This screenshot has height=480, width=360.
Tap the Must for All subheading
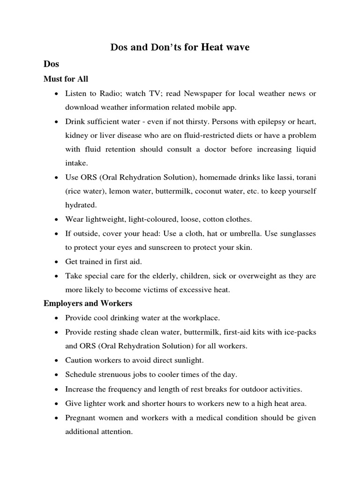tap(66, 79)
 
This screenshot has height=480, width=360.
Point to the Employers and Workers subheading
tap(88, 303)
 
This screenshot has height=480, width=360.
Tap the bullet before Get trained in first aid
tap(56, 262)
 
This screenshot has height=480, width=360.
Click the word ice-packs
tap(300, 332)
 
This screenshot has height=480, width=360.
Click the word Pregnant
tap(81, 417)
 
